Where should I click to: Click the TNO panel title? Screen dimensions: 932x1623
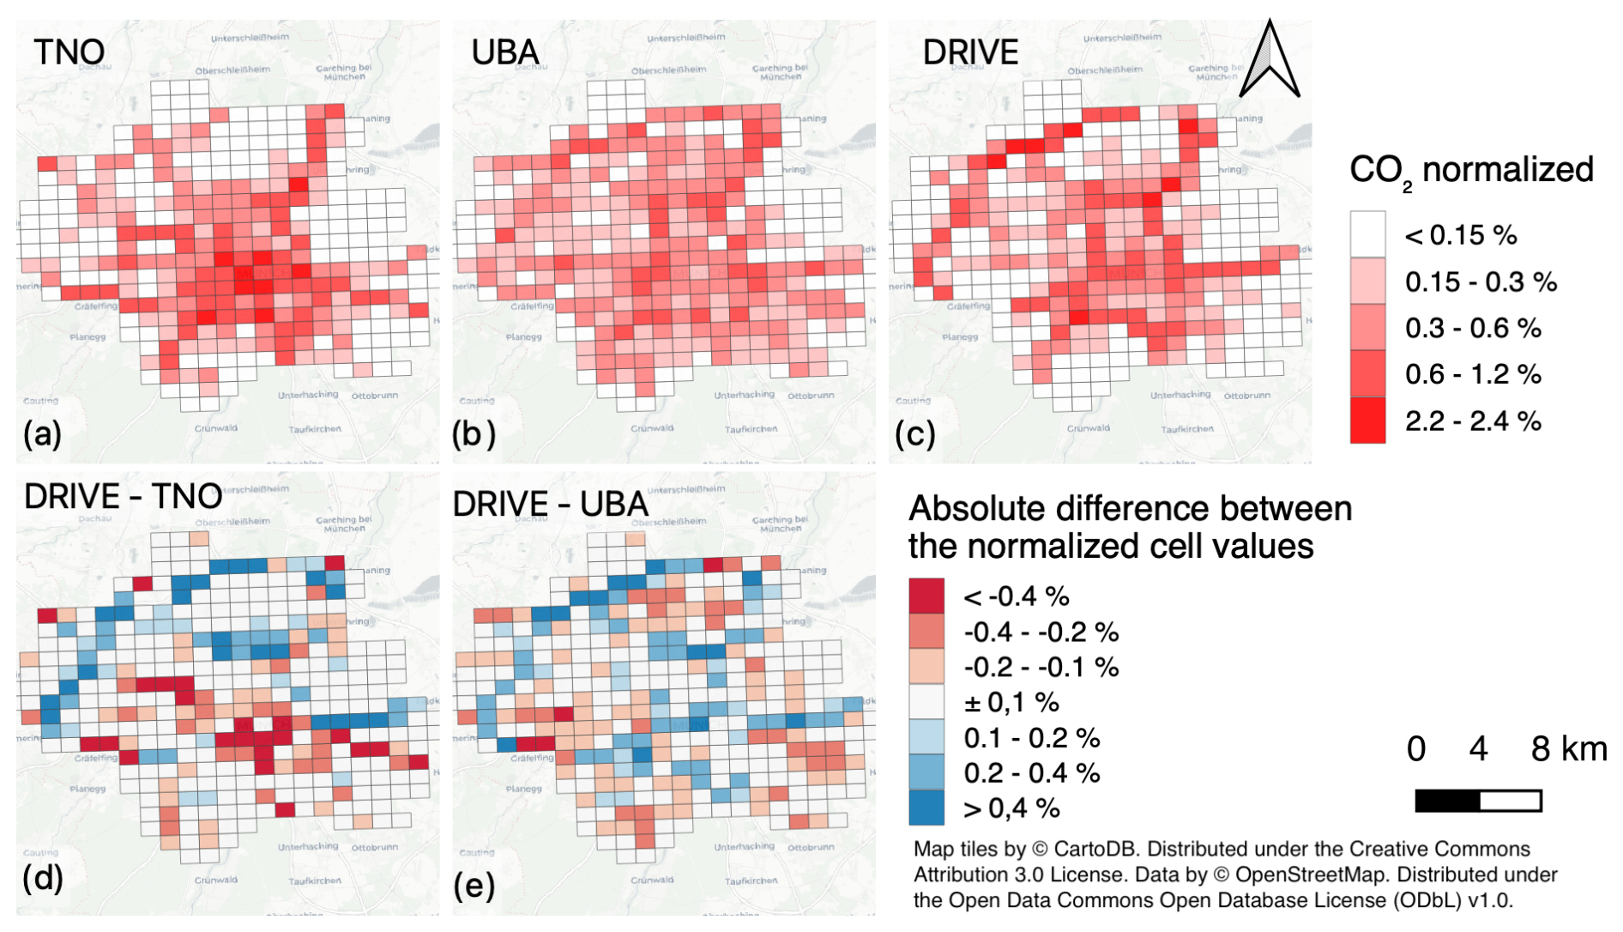[69, 51]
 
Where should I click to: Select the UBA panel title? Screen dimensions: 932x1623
[505, 52]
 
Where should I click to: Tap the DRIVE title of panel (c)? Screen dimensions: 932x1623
[970, 52]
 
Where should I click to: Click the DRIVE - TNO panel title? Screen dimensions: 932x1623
[124, 496]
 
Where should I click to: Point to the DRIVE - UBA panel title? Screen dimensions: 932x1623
[550, 504]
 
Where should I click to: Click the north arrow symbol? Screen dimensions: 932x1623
[1270, 60]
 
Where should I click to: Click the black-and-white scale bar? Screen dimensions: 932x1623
[1478, 801]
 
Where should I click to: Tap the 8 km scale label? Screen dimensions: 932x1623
[1569, 749]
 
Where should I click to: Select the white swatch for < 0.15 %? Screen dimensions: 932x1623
[1367, 234]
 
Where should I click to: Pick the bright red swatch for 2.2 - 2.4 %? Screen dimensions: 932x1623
[1367, 421]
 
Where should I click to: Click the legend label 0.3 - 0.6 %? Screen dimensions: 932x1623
[1473, 328]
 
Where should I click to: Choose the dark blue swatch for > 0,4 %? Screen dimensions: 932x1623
[926, 808]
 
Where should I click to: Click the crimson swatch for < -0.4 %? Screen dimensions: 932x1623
[926, 596]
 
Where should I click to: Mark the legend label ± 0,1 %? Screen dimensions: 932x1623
[1011, 702]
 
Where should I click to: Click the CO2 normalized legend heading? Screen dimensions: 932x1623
[1471, 171]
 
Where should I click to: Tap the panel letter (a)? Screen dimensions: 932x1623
[43, 433]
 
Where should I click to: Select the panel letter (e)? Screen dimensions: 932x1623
[474, 885]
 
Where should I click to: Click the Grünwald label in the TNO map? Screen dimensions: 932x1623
[216, 428]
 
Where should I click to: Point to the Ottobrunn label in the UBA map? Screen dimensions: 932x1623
[811, 396]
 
